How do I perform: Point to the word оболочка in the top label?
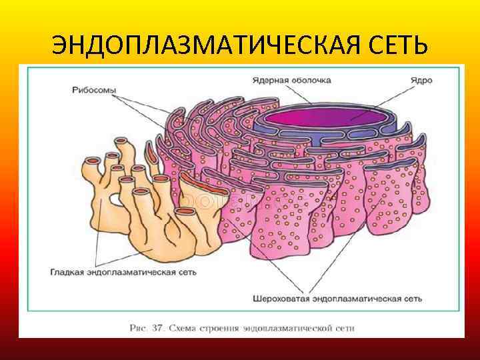311,80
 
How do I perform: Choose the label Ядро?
421,80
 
